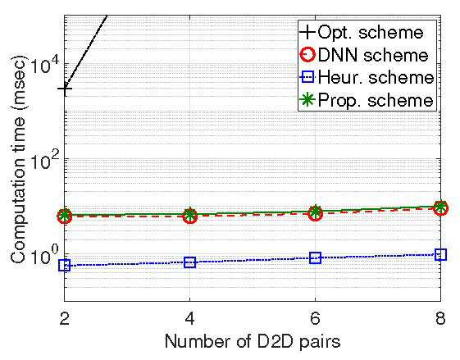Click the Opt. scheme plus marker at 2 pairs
[65, 89]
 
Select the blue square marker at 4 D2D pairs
[189, 262]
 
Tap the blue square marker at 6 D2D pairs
[316, 258]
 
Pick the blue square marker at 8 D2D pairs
[440, 254]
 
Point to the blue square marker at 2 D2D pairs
[65, 266]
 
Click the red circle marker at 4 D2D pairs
[190, 216]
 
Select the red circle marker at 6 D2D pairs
[316, 213]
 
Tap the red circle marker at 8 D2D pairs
[440, 208]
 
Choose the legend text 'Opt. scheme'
[371, 32]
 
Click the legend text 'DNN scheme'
[373, 55]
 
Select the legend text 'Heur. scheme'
[376, 77]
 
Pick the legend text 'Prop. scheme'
[376, 101]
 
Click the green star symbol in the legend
[307, 100]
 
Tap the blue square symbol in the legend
[307, 77]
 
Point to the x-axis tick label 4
[189, 317]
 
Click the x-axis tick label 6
[315, 317]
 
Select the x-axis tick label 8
[440, 317]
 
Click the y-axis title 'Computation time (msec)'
[18, 159]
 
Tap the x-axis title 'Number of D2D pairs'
[253, 342]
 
